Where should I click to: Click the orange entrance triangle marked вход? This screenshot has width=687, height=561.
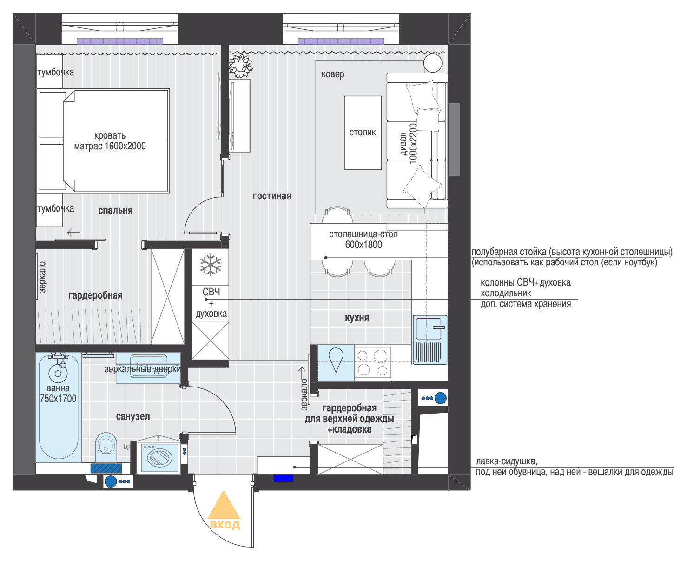tap(224, 505)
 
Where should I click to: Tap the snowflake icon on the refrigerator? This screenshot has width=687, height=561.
tap(211, 265)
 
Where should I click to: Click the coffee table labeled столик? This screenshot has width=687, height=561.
tap(363, 133)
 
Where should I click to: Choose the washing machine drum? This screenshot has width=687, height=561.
tap(159, 457)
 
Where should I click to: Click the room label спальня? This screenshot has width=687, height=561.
tap(115, 211)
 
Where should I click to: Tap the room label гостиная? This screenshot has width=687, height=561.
tap(271, 196)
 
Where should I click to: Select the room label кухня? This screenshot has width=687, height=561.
tap(357, 318)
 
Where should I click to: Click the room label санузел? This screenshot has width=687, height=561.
tap(133, 416)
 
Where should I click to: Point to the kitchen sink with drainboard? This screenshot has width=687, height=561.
tap(430, 339)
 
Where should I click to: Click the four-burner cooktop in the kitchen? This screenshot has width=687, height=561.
tap(373, 363)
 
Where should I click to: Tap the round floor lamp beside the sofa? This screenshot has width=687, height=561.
tap(433, 63)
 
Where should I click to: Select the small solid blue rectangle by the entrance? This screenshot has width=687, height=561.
tap(284, 478)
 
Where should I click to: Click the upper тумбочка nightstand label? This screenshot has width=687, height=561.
tap(56, 73)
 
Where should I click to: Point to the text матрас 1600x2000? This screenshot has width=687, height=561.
tap(110, 146)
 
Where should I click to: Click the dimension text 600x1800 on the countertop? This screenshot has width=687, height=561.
tap(363, 245)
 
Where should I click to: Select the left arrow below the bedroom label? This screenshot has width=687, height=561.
tap(74, 233)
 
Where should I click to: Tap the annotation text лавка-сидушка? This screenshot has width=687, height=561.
tap(507, 461)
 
